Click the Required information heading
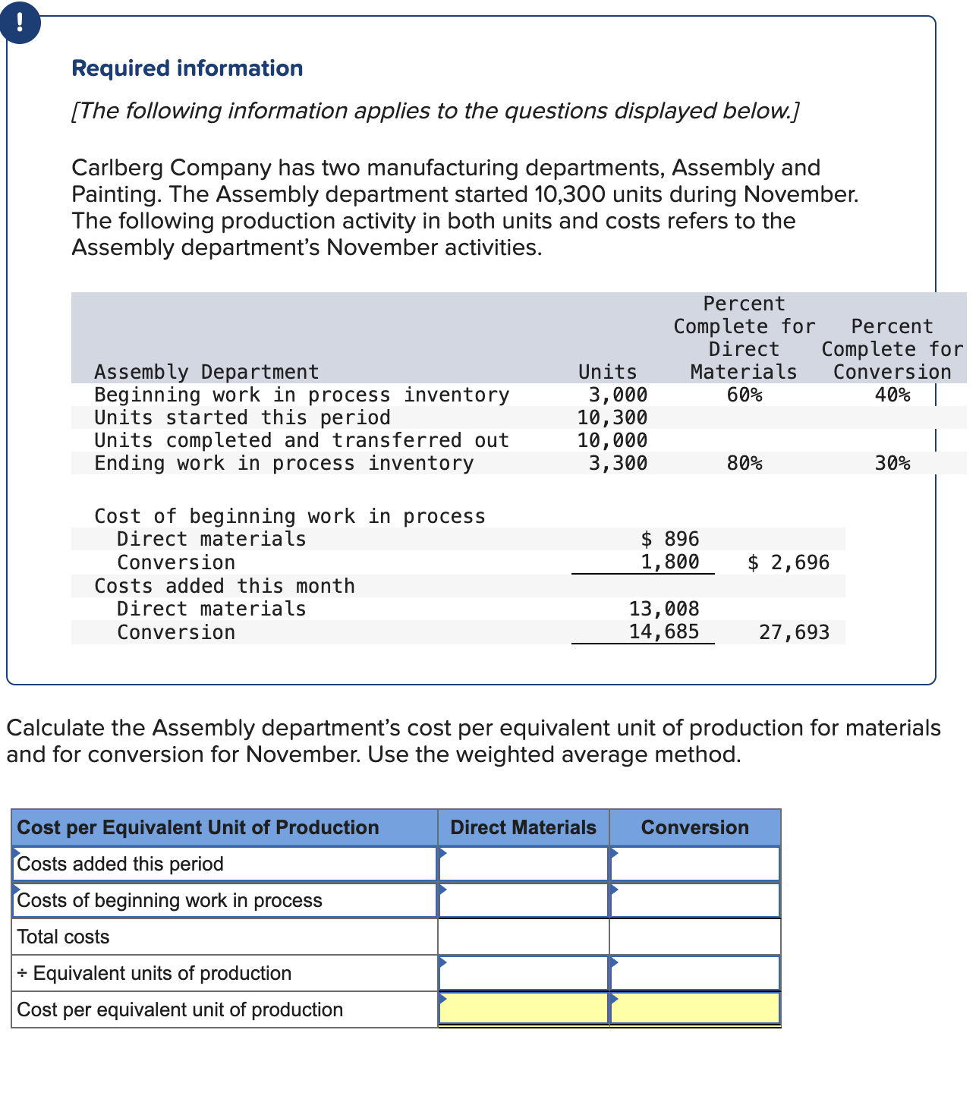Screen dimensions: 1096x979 (x=187, y=68)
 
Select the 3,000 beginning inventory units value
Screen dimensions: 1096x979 (x=618, y=395)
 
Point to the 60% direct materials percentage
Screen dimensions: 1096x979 (x=744, y=395)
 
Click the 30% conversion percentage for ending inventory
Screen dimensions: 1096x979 (x=892, y=463)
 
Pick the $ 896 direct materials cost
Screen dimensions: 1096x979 (x=670, y=539)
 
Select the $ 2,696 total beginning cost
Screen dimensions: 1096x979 (x=789, y=562)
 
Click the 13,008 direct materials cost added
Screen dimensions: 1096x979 (x=664, y=609)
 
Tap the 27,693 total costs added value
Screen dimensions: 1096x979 (x=794, y=632)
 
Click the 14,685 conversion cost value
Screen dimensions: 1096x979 (x=664, y=631)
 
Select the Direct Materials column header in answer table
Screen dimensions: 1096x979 (x=523, y=827)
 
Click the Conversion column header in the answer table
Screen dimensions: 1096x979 (x=694, y=827)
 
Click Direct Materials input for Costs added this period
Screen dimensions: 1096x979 (x=523, y=864)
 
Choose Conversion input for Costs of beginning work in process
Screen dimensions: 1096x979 (x=694, y=900)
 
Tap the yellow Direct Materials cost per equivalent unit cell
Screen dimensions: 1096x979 (x=523, y=1009)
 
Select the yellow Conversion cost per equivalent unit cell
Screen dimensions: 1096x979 (x=694, y=1009)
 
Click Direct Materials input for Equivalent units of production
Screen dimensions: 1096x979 (x=523, y=973)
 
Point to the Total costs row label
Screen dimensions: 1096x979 (x=64, y=937)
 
